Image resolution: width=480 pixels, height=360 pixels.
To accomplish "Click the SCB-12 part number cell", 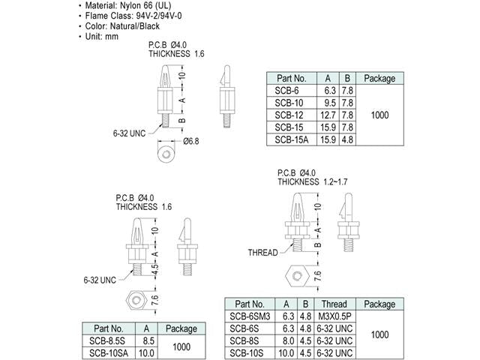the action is pos(289,115).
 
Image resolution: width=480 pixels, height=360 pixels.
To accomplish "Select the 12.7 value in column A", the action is pos(328,115).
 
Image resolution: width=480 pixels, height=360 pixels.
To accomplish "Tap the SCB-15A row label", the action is pos(292,139).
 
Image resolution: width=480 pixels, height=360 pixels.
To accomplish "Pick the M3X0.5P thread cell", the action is pos(334,316).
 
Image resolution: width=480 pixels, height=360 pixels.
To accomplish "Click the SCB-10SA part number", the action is pos(109,353).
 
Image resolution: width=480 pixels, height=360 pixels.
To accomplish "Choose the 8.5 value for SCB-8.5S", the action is pos(148,340).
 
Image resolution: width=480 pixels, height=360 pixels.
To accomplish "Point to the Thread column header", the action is pos(334,304).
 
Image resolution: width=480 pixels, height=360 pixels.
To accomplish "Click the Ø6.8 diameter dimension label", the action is pos(191,141).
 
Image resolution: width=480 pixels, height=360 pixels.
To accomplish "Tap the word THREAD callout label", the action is pos(262,253).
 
